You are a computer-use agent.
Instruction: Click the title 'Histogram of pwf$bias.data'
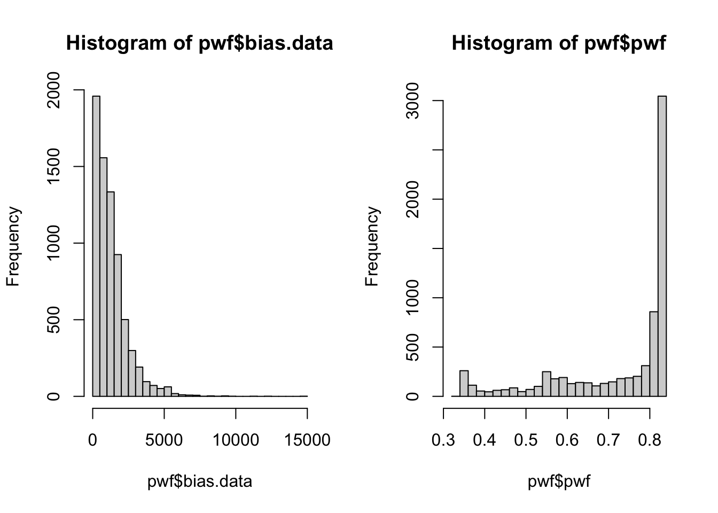[199, 43]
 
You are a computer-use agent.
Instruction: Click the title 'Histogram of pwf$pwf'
[559, 43]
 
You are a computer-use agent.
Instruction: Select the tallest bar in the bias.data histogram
[96, 246]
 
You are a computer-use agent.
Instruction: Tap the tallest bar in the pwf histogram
[662, 246]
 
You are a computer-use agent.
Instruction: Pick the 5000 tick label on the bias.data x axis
[164, 440]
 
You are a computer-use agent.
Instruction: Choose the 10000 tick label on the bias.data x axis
[236, 440]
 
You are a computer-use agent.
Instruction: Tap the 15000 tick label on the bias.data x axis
[307, 440]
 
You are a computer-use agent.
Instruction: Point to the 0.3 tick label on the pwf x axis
[443, 440]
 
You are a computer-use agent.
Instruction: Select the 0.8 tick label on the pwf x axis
[649, 440]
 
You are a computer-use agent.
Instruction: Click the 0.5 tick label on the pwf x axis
[526, 440]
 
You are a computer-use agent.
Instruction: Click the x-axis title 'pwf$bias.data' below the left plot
[199, 481]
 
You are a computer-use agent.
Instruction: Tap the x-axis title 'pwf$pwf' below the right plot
[559, 481]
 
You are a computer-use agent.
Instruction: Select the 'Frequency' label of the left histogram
[13, 246]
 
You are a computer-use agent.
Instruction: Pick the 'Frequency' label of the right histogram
[372, 246]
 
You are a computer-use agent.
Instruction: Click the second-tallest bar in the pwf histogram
[653, 354]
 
